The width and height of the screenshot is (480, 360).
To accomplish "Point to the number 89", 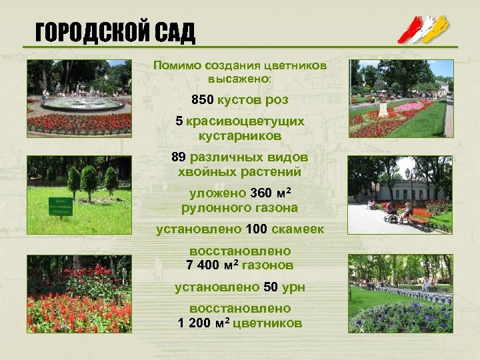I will (179, 158).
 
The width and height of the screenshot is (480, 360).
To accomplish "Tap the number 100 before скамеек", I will (256, 229).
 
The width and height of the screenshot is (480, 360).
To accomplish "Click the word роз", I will (277, 100).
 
